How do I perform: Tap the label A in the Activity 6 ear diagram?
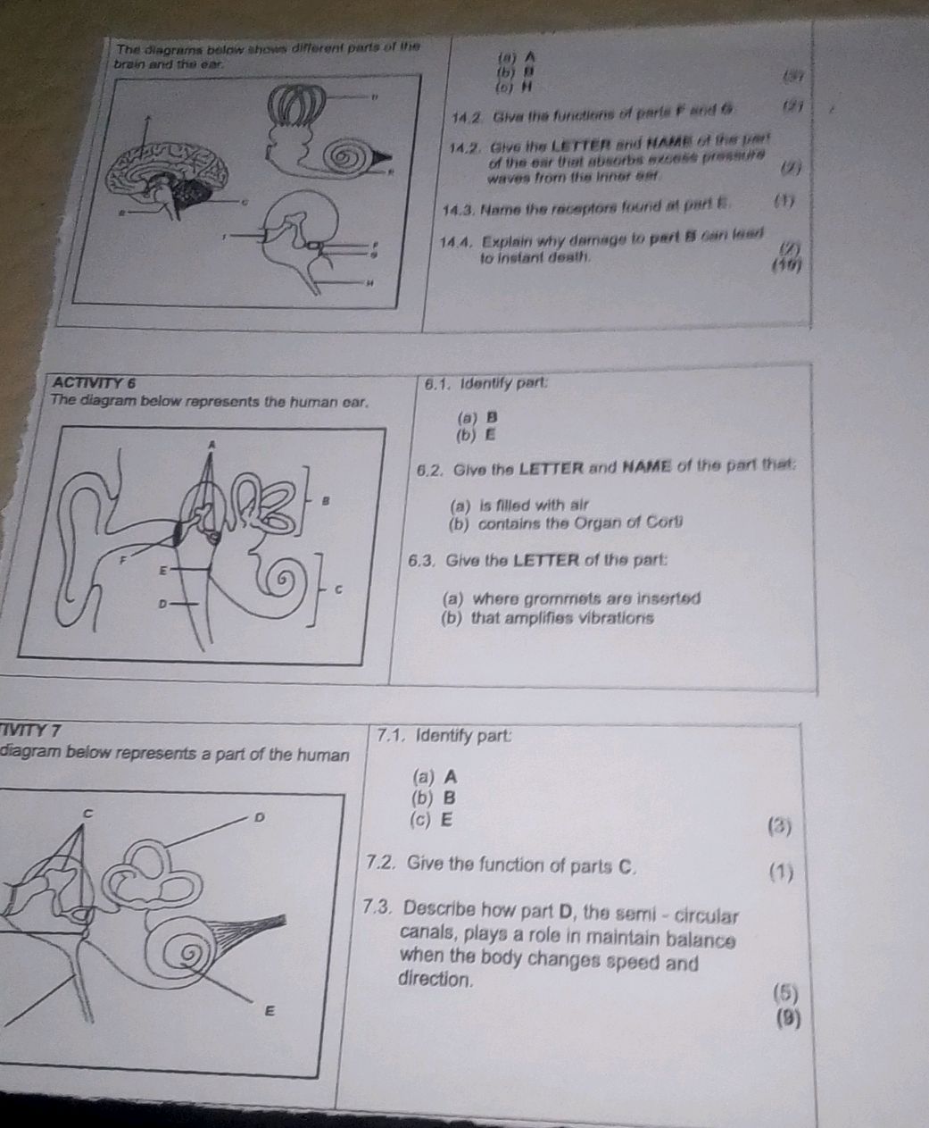click(212, 443)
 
